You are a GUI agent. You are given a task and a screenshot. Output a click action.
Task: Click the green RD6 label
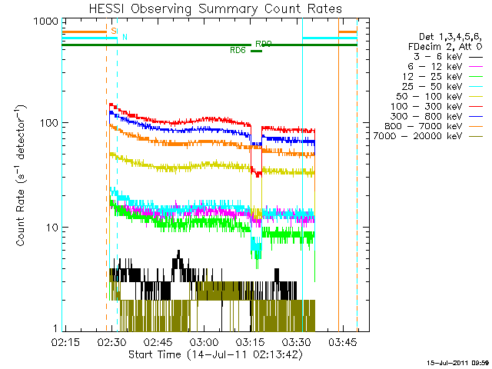pos(238,51)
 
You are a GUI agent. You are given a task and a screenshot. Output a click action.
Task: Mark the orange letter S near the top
pos(114,31)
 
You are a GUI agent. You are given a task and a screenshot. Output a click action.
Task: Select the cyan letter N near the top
pos(125,37)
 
